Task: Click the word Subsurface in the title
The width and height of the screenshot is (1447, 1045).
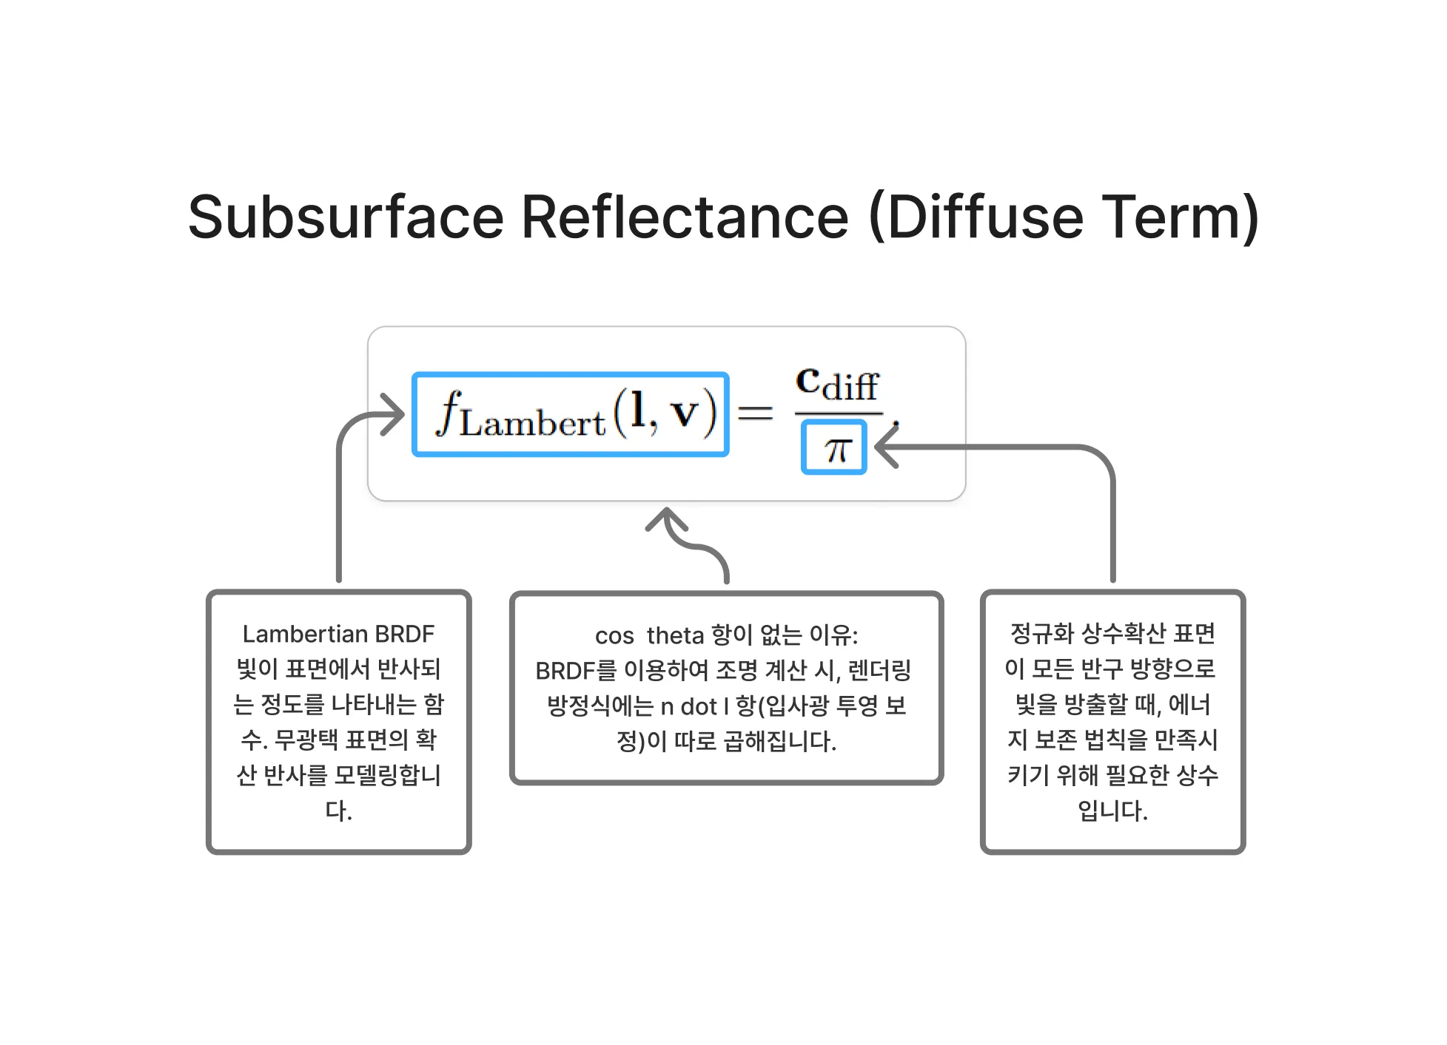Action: [x=346, y=217]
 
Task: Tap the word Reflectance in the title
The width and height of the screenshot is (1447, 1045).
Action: [x=685, y=217]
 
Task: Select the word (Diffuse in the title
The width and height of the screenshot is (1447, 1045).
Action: [x=976, y=217]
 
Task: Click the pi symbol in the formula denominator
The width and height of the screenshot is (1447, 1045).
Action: [x=834, y=448]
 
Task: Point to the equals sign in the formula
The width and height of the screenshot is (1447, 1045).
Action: [x=755, y=413]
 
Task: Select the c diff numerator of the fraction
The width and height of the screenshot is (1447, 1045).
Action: [x=837, y=385]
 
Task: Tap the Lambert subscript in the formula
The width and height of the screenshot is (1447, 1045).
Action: [x=532, y=424]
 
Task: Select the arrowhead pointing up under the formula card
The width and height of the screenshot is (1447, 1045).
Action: [x=667, y=518]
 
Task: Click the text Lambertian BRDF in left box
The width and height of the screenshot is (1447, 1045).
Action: [x=338, y=634]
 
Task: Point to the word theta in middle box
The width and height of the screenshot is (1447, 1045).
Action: [x=675, y=635]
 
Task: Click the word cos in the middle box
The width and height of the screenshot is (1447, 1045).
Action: [x=614, y=635]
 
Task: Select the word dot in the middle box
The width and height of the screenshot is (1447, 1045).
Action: [x=699, y=706]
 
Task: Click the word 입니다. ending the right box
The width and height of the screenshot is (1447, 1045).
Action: [x=1112, y=811]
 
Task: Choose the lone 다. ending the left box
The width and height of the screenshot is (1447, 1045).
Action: [x=338, y=811]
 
